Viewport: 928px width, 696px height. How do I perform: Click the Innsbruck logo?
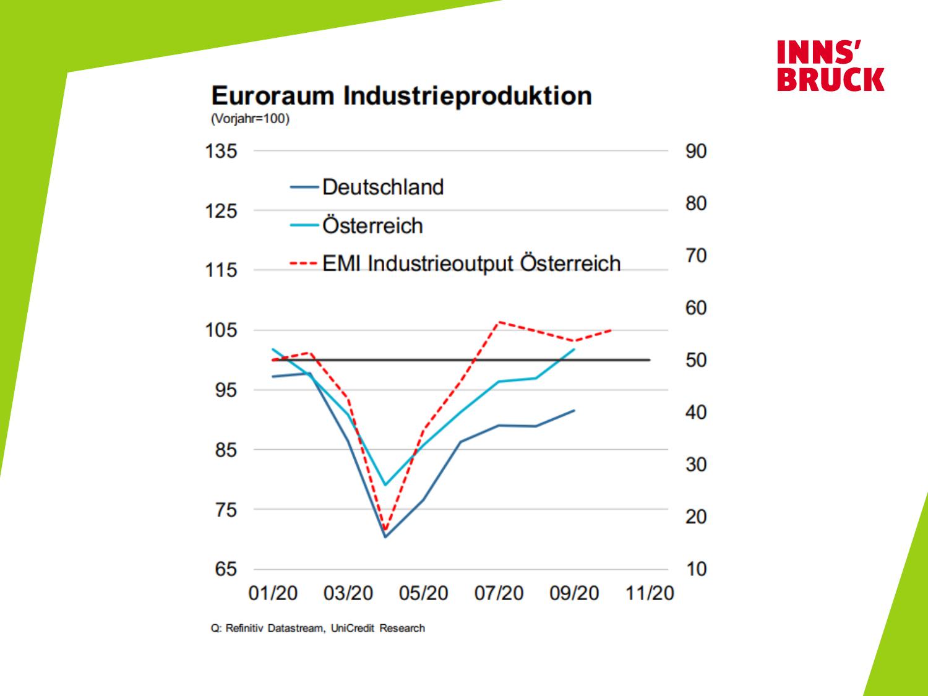(x=830, y=66)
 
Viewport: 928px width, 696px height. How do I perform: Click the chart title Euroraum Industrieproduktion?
(x=402, y=97)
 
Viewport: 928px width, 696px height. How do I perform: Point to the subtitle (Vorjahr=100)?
(x=250, y=119)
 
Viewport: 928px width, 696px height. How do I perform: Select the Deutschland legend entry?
(x=382, y=187)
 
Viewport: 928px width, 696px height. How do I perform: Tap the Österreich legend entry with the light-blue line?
(x=372, y=226)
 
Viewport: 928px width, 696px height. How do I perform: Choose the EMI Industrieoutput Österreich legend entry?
(x=471, y=264)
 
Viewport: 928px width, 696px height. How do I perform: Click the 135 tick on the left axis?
(x=221, y=151)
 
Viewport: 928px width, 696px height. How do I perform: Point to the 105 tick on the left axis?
(x=221, y=330)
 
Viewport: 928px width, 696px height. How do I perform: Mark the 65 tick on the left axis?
(x=226, y=569)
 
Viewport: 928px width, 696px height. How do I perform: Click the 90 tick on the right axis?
(x=695, y=151)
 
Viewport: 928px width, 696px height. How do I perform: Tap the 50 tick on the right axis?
(x=695, y=360)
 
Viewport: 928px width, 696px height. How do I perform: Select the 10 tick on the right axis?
(x=695, y=569)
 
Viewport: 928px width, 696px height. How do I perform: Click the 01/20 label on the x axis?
(x=273, y=593)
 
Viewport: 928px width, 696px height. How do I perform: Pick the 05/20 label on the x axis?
(x=423, y=593)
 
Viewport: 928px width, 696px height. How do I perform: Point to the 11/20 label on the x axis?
(x=649, y=593)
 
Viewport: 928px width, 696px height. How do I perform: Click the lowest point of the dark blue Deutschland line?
(x=385, y=536)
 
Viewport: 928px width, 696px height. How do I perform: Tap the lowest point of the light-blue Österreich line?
(x=385, y=484)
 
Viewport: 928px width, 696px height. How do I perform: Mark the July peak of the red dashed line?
(x=499, y=322)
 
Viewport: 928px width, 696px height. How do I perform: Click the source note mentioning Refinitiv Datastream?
(x=318, y=629)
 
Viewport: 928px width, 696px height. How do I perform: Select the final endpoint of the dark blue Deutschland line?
(x=575, y=410)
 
